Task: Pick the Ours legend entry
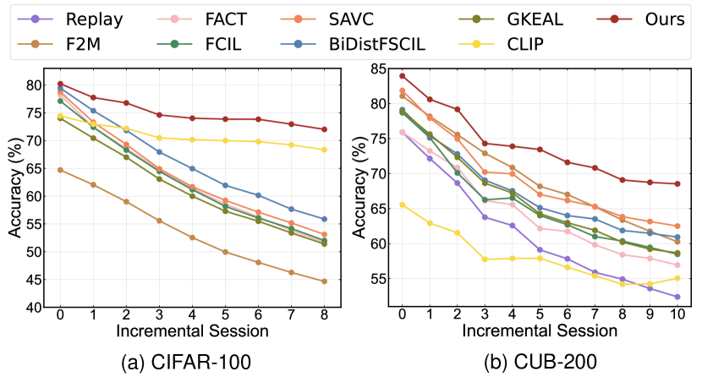click(x=656, y=19)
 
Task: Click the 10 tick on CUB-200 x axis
click(x=677, y=313)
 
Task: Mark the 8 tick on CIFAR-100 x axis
click(x=324, y=313)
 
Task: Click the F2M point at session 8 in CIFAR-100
click(x=324, y=281)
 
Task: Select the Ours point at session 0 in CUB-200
click(x=402, y=76)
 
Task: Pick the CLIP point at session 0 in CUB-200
click(x=402, y=205)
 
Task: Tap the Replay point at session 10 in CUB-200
click(x=677, y=297)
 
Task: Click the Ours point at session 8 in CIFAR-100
click(x=324, y=129)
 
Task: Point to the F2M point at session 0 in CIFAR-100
click(x=60, y=170)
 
